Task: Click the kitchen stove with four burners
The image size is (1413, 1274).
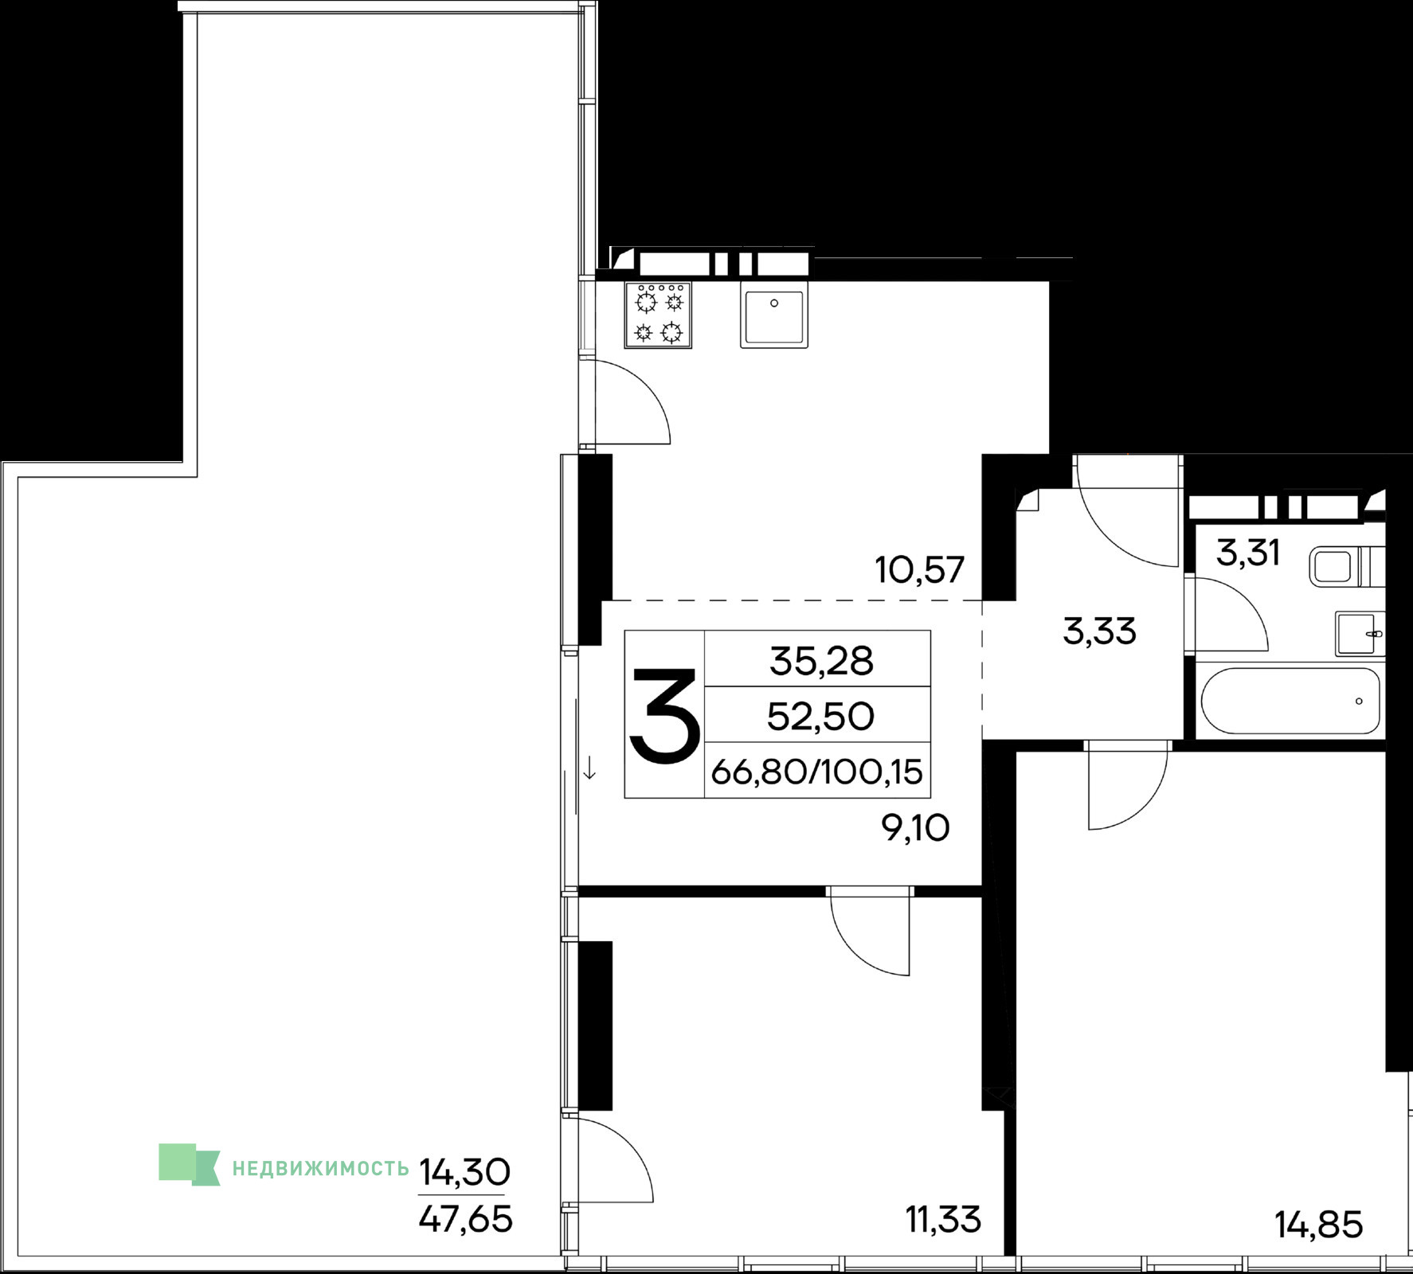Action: [658, 315]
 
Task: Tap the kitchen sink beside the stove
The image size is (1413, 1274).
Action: [774, 315]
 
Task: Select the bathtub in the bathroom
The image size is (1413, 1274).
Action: [1290, 701]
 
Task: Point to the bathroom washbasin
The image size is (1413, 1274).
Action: [1360, 634]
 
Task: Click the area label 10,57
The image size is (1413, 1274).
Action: [920, 570]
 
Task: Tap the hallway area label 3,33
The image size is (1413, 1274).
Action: [1099, 632]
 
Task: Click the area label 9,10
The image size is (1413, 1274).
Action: [915, 829]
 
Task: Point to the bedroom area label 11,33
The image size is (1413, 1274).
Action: [943, 1219]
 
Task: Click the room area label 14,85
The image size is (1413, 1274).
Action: [1319, 1225]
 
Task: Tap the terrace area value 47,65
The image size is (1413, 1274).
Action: [465, 1219]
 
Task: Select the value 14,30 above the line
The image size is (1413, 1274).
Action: [464, 1170]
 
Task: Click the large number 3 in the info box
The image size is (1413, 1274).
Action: [665, 716]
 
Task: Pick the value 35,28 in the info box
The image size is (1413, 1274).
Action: [821, 661]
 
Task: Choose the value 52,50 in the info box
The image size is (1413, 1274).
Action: [820, 717]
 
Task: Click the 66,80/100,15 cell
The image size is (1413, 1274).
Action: [817, 771]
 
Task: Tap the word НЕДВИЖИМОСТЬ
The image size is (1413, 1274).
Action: [321, 1168]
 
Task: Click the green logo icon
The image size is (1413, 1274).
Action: [190, 1164]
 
